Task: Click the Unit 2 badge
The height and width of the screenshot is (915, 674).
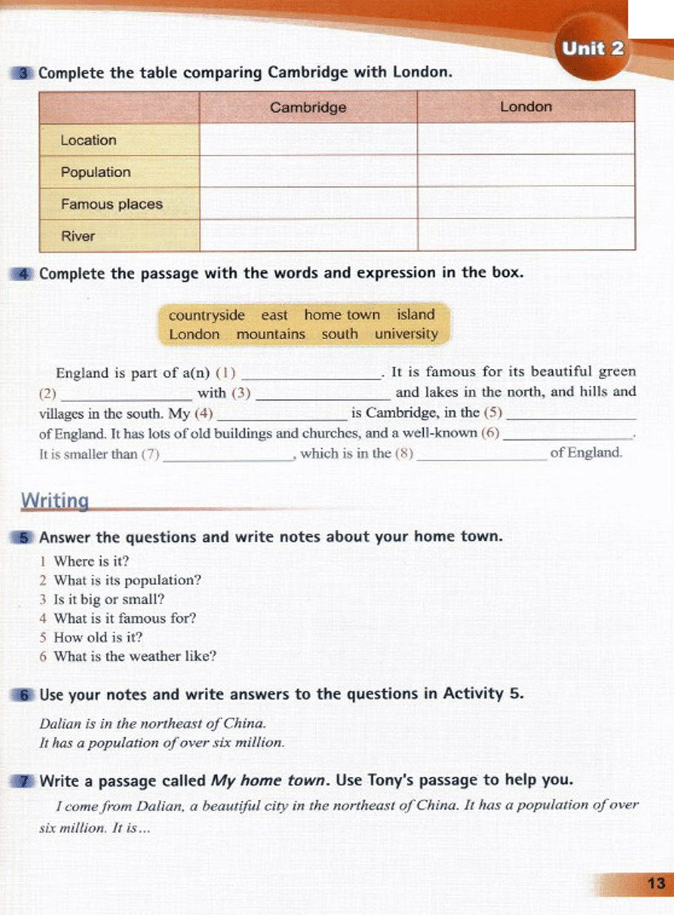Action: click(592, 49)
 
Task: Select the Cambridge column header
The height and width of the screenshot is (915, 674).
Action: click(308, 107)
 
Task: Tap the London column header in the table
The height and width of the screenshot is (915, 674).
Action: click(526, 107)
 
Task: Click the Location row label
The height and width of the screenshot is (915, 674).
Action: click(88, 140)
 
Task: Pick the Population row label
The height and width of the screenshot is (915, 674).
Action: click(95, 172)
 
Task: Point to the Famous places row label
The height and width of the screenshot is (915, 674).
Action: click(111, 204)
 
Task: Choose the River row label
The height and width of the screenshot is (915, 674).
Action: click(78, 236)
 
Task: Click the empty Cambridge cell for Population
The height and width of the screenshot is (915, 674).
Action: click(308, 172)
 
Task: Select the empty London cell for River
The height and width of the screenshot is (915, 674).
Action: click(526, 235)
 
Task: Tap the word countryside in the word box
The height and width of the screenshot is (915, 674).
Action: click(206, 315)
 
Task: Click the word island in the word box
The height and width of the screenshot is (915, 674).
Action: click(415, 315)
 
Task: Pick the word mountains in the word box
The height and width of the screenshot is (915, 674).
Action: click(271, 334)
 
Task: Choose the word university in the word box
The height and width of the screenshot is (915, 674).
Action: click(406, 334)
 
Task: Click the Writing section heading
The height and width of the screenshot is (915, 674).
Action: click(55, 500)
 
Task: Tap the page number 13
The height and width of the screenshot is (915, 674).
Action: click(656, 883)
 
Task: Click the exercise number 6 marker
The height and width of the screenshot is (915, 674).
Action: click(24, 695)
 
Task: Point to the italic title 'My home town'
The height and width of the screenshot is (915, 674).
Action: click(269, 781)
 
